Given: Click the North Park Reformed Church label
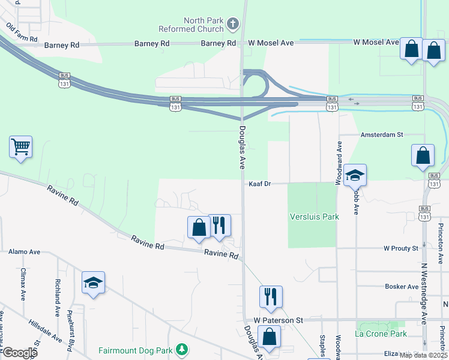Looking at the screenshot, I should (x=191, y=25).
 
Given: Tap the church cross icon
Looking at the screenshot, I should (x=233, y=25).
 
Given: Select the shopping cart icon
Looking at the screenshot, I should (x=20, y=146).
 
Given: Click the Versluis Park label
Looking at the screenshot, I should (x=314, y=217).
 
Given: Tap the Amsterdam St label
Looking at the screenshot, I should (x=381, y=135).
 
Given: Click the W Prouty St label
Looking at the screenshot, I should (x=400, y=248).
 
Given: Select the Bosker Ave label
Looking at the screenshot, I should (x=400, y=287).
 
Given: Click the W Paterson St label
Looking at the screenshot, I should (x=277, y=320).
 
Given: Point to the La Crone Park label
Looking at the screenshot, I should (x=381, y=334).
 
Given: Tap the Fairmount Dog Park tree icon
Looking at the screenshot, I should (x=183, y=350).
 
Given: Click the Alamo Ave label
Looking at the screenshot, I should (x=24, y=252).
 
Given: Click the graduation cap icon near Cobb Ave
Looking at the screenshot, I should (x=355, y=175).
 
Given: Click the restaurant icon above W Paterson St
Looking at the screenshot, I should (x=271, y=296).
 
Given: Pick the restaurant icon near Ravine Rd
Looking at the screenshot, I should (x=220, y=225).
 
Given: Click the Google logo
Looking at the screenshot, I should (x=19, y=353).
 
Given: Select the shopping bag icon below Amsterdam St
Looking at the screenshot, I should (x=423, y=155).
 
